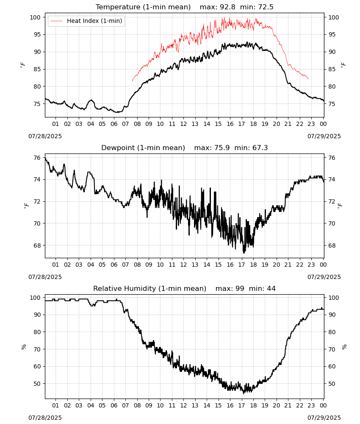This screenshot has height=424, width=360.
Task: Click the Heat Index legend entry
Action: coord(86,21)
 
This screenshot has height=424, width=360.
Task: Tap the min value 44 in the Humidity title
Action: coord(271,289)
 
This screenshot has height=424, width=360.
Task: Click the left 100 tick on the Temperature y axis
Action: coord(35,17)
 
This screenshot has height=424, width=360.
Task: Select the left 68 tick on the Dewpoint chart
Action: coord(37,245)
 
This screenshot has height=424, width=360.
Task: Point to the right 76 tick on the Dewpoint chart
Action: coord(332,158)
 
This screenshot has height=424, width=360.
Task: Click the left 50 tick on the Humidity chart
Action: coord(37,384)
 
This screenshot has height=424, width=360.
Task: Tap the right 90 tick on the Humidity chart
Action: coord(332,315)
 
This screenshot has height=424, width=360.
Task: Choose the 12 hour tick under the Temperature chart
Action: coord(183,124)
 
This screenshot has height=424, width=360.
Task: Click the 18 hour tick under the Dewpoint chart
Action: coord(253,265)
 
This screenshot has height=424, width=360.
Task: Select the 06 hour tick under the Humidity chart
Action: coord(114,406)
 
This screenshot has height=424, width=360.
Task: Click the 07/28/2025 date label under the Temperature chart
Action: coord(45,136)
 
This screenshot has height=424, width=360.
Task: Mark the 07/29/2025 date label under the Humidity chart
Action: coord(324,418)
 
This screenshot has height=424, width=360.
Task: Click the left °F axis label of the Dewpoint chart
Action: coord(26,206)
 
